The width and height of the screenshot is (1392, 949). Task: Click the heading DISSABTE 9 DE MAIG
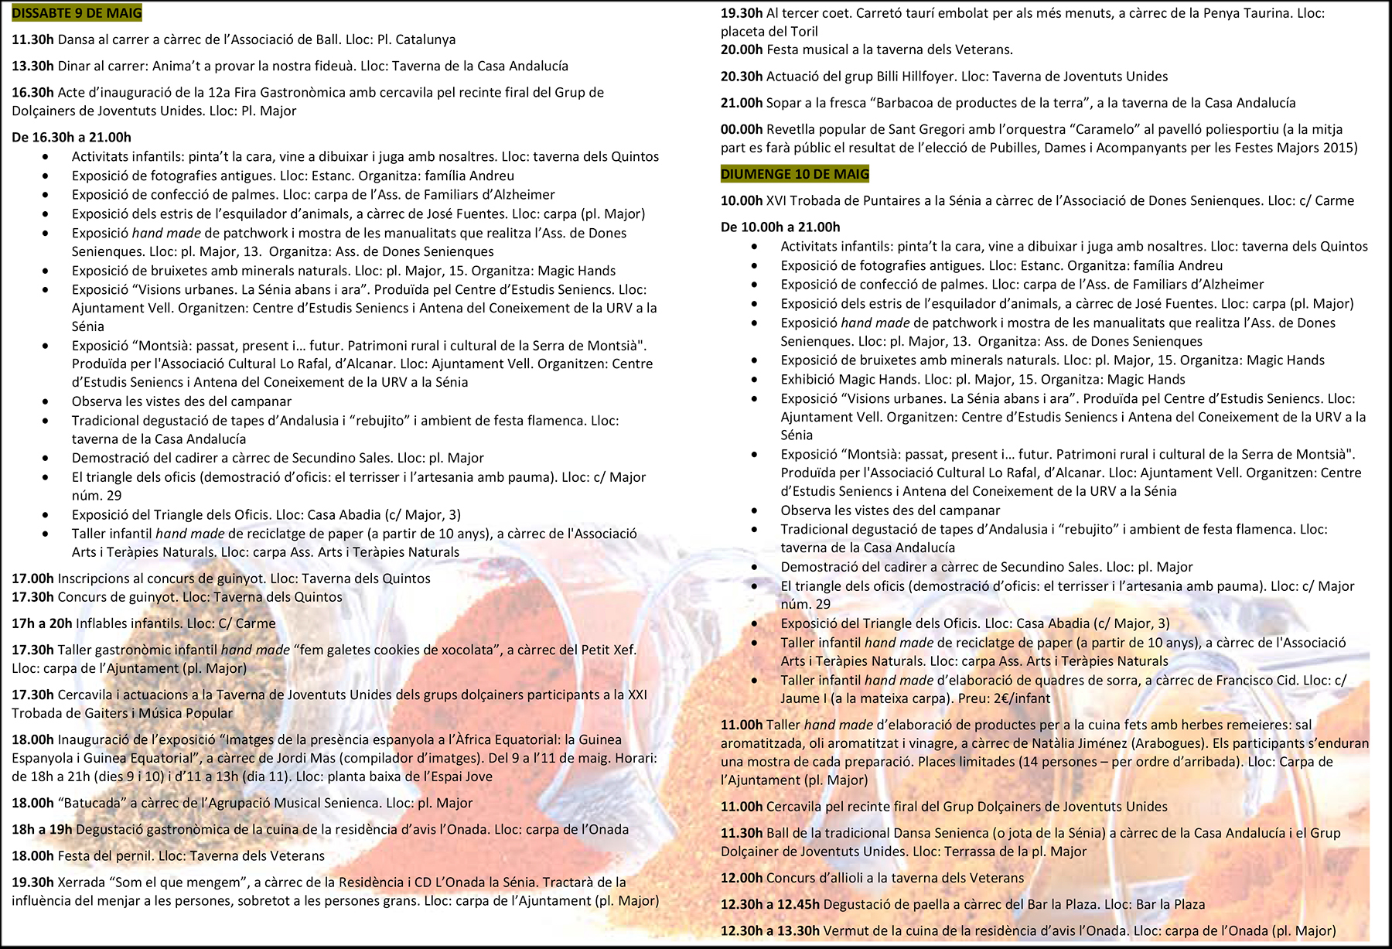(77, 13)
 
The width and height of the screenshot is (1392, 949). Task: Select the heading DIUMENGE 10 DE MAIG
(794, 174)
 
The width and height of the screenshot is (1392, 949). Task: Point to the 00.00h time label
(742, 129)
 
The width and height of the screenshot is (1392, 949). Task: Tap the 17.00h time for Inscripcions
(32, 579)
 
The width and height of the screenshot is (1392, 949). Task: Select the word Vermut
(845, 930)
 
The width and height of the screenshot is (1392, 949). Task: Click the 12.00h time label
(742, 878)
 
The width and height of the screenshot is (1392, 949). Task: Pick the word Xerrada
(81, 882)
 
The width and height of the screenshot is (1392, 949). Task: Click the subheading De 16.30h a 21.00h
(71, 138)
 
